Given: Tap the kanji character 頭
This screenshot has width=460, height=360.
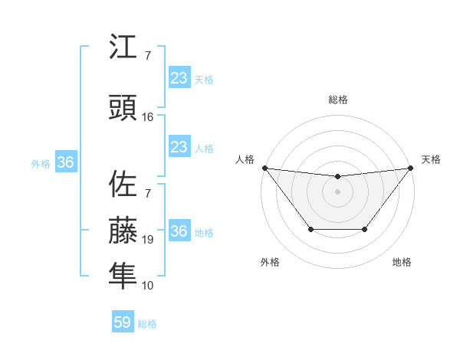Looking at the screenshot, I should pos(123,108).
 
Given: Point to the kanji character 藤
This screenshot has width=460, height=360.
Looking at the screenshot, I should pos(123,230).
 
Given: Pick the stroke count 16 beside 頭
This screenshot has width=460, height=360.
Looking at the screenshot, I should pos(148,117).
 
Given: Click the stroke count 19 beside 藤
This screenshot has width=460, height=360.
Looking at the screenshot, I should pos(148,240).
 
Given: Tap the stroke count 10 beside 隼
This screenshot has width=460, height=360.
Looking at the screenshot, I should pos(148,286).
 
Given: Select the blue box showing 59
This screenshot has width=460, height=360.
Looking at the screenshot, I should pos(123,322).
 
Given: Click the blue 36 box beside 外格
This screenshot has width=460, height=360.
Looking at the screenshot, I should pos(65,162).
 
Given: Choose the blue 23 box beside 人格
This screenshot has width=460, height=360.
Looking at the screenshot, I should pos(179,147).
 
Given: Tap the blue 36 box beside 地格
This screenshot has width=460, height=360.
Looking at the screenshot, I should pos(179,231).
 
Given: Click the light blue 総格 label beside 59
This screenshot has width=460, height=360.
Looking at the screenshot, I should pos(147,324).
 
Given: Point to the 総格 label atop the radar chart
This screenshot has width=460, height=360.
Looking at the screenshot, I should pos(337,100).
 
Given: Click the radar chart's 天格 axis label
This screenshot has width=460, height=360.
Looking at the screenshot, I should pos(431,159).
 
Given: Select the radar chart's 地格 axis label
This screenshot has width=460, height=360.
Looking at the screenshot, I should pos(402,263).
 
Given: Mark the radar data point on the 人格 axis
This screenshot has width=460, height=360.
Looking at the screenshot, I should pos(264,168).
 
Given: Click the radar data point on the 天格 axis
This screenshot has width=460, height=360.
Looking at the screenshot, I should pos(410,168).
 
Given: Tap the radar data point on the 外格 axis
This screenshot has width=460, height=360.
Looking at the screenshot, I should pos(310,229).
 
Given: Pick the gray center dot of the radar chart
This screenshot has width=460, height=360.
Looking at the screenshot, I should pos(337,191).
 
